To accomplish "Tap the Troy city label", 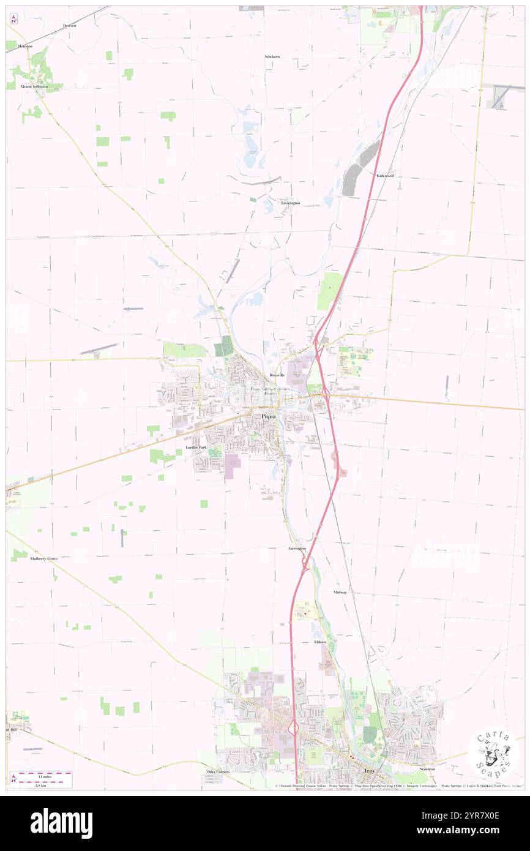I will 368,771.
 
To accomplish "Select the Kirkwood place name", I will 385,176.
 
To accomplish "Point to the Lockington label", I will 291,203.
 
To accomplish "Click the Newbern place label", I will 272,56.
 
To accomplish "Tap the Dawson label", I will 69,26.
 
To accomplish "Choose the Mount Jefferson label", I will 34,87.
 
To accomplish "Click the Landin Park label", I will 196,448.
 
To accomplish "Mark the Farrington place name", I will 297,549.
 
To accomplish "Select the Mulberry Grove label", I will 35,559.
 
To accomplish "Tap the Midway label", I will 340,593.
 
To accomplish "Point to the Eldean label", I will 319,642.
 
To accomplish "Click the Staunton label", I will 427,768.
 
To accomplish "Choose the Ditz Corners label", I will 218,772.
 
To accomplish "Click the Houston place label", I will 25,46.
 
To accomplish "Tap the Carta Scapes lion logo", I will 493,755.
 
